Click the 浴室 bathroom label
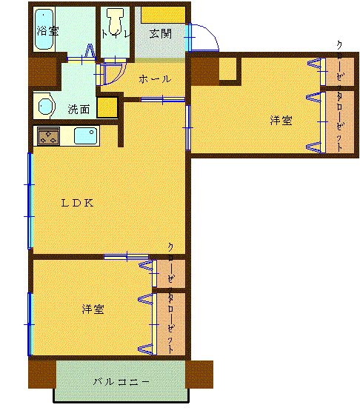[49, 31]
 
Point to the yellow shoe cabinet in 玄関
[163, 14]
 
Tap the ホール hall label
[155, 78]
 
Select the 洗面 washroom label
[79, 109]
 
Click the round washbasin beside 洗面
[45, 107]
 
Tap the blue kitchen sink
[85, 136]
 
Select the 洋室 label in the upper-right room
[280, 121]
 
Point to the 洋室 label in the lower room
[93, 309]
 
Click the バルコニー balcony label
[121, 382]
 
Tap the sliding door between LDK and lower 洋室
[126, 257]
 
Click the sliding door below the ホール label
[162, 99]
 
